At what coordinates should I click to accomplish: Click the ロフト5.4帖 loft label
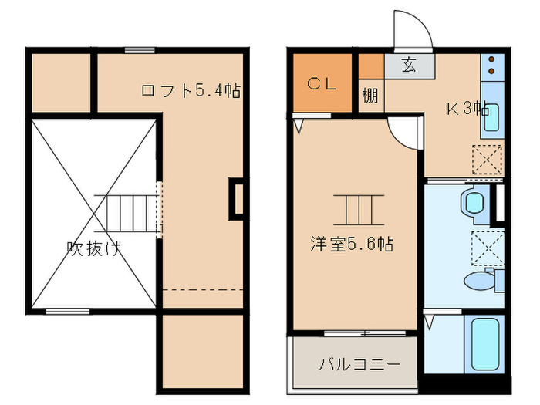[191, 91]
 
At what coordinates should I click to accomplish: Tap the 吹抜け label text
[93, 248]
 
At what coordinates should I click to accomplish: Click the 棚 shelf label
[371, 96]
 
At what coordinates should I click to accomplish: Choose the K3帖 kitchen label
[468, 109]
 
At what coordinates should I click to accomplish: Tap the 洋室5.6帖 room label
[353, 245]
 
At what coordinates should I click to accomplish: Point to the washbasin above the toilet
[472, 203]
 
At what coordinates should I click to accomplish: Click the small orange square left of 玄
[371, 66]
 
